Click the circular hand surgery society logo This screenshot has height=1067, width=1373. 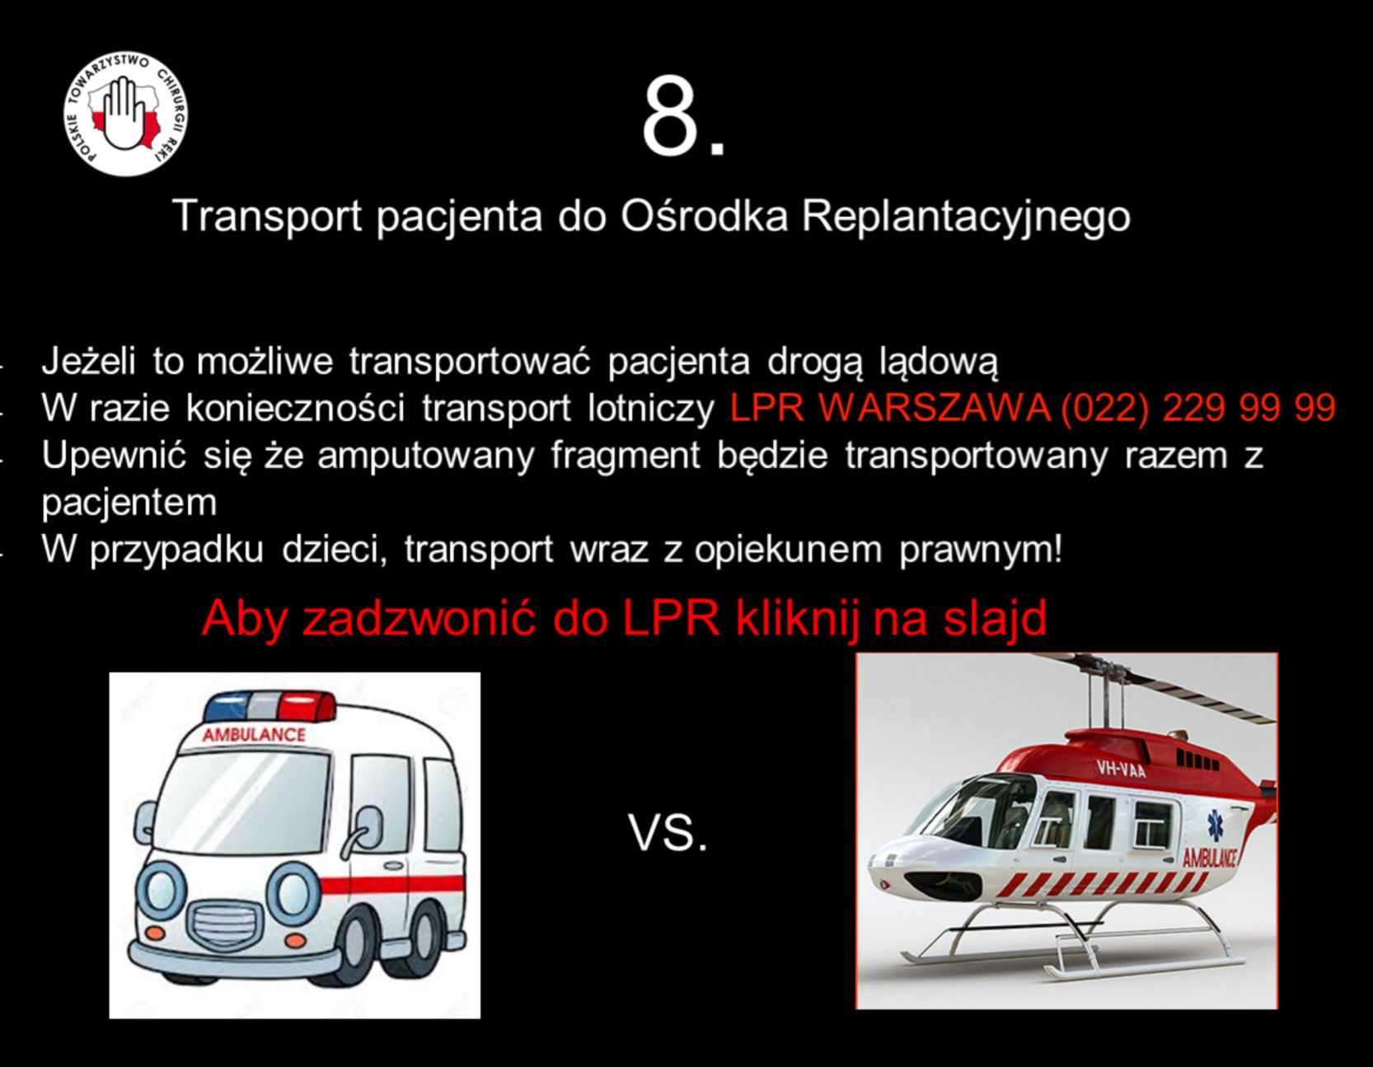tap(125, 114)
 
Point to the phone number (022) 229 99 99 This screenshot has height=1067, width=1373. tap(1198, 408)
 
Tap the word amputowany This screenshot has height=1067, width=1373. tap(426, 456)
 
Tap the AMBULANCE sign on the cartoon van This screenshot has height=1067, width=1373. tap(254, 734)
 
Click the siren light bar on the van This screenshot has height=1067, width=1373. tap(270, 706)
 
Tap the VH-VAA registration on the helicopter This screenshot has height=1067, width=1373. tap(1121, 770)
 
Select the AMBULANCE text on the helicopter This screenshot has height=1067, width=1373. tap(1210, 858)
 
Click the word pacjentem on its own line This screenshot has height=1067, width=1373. tap(129, 503)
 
